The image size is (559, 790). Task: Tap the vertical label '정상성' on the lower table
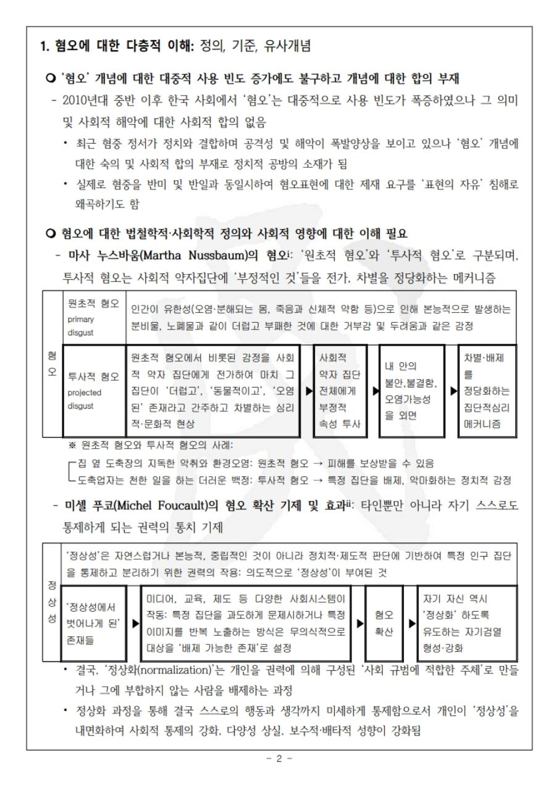[52, 609]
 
